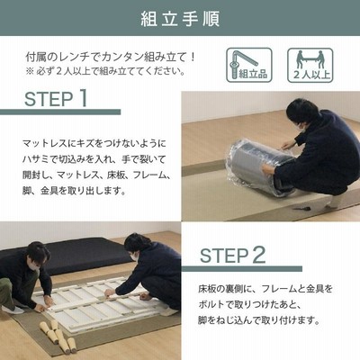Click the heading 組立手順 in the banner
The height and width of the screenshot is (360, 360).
click(180, 19)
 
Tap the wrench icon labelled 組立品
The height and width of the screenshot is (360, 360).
click(249, 65)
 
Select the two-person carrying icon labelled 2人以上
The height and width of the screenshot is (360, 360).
click(310, 65)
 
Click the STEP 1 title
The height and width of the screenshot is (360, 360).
click(56, 98)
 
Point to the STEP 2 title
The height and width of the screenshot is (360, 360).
click(233, 255)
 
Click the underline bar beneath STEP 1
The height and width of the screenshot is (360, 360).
click(60, 112)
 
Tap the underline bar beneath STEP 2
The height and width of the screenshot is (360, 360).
click(242, 268)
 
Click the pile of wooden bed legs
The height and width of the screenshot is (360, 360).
click(58, 336)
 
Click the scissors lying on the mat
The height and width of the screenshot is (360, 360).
click(300, 208)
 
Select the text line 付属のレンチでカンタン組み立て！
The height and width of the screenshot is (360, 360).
click(111, 57)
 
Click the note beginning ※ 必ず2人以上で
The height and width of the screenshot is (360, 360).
click(105, 72)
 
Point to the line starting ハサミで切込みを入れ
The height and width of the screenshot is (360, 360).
click(94, 159)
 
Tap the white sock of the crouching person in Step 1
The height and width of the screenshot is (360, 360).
click(334, 202)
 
